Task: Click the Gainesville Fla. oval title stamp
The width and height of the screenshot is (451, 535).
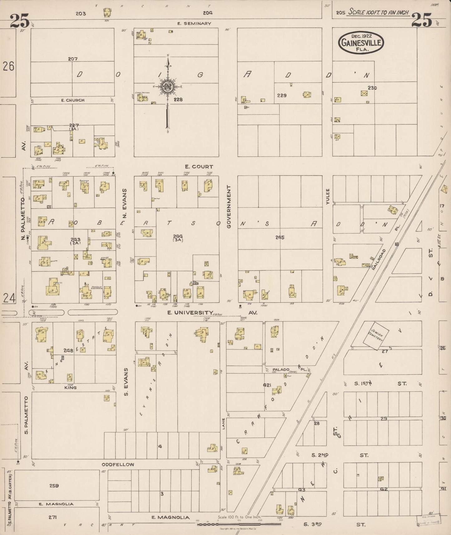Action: [361, 43]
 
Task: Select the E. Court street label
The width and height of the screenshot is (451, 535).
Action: [199, 167]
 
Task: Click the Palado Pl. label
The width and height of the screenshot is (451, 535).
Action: [281, 369]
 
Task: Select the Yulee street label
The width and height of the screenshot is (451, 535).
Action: [327, 196]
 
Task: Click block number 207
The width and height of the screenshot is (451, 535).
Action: [73, 59]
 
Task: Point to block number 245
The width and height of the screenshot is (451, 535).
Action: [280, 237]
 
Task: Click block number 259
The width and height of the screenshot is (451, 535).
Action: [54, 485]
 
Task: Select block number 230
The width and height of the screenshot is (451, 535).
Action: [372, 88]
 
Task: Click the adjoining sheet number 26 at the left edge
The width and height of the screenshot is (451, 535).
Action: [8, 66]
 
